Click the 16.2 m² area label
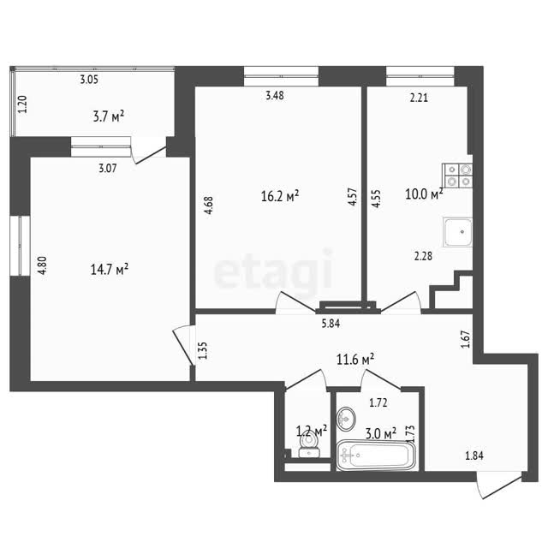point(280,196)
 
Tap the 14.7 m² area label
point(110,270)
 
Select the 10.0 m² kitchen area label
point(424,194)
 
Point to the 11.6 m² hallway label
point(355,359)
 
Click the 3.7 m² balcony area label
point(109,116)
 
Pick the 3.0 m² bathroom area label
point(380,434)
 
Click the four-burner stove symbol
point(457,176)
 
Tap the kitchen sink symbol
point(457,232)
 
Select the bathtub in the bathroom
point(376,455)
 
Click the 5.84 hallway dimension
point(331,324)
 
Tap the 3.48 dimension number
point(275,95)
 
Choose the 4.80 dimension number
point(42,265)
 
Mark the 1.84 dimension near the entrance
point(474,456)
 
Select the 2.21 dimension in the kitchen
point(419,98)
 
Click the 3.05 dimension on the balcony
point(89,80)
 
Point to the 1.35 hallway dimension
point(203,350)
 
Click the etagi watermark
point(273,270)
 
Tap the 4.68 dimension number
point(208,205)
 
